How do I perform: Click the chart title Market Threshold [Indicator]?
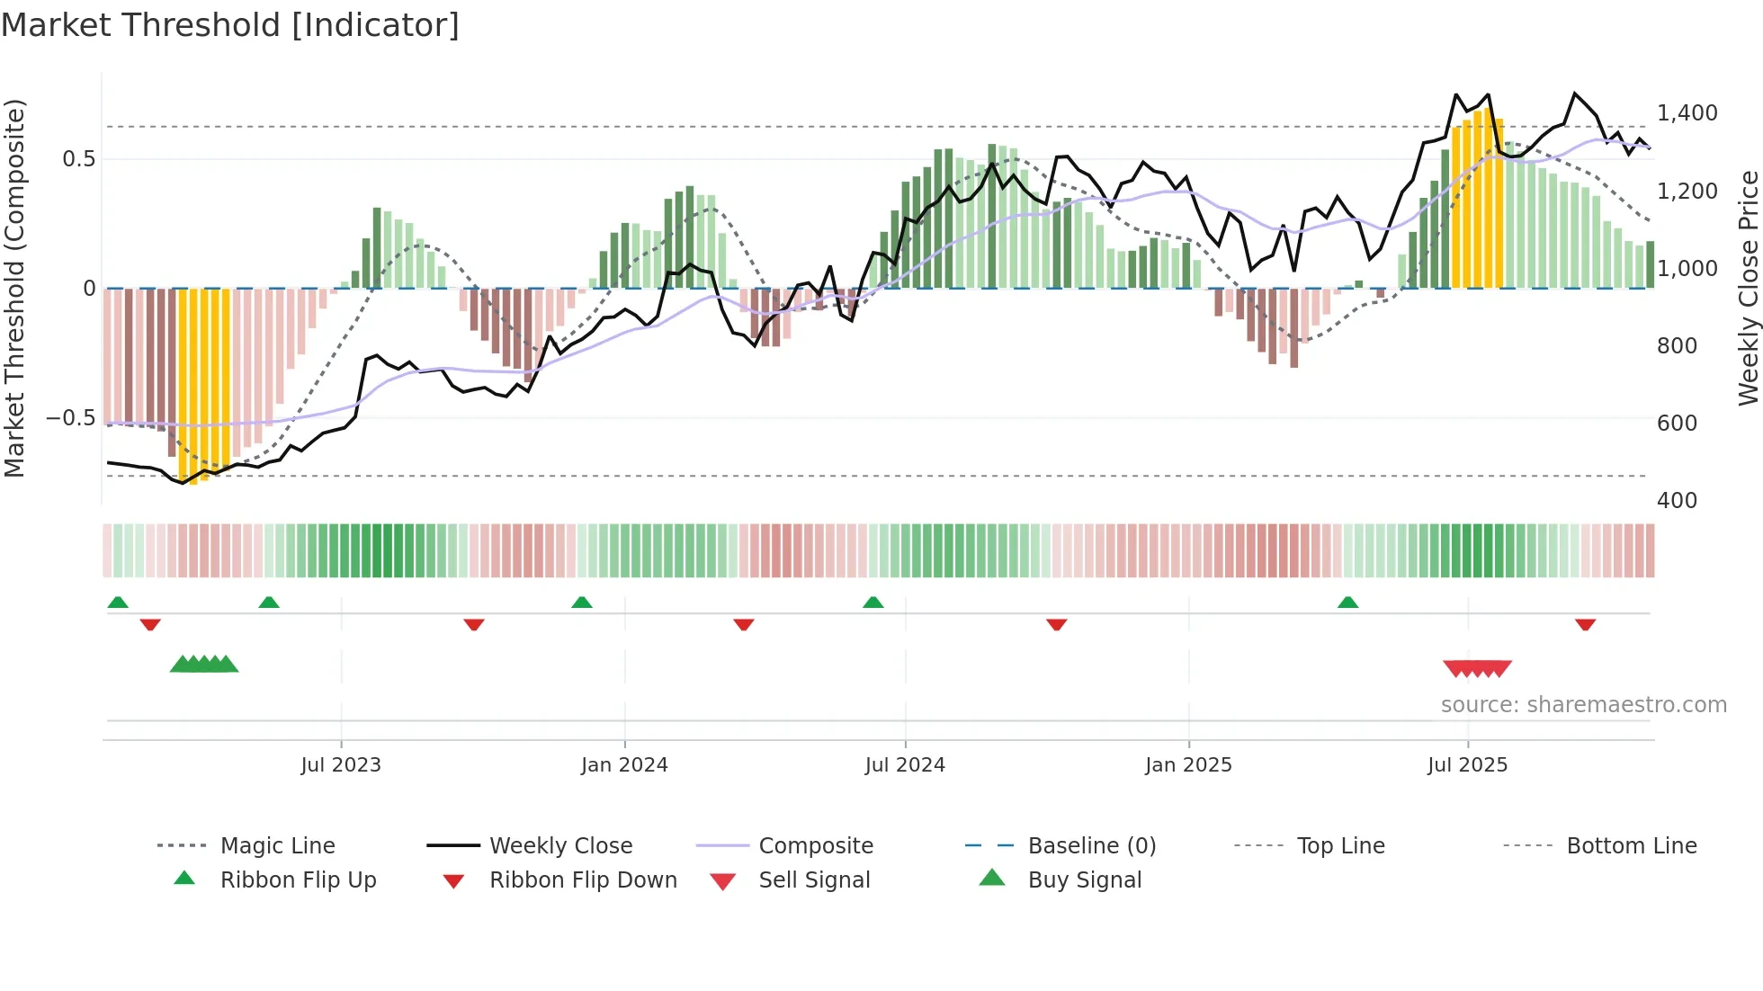(x=230, y=25)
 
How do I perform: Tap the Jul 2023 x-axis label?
(x=341, y=765)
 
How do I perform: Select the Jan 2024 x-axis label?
(x=624, y=765)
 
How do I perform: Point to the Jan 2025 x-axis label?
(x=1188, y=765)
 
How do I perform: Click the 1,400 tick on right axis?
(x=1687, y=113)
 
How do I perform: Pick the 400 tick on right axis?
(x=1677, y=501)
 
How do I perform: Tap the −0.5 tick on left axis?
(x=70, y=418)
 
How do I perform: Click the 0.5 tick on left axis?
(x=78, y=159)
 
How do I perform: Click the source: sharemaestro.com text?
(x=1583, y=705)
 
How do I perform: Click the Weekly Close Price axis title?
(x=1748, y=288)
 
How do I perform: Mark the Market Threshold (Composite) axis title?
(x=14, y=288)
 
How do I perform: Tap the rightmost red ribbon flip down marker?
(x=1585, y=624)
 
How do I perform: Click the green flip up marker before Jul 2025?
(x=1347, y=603)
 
